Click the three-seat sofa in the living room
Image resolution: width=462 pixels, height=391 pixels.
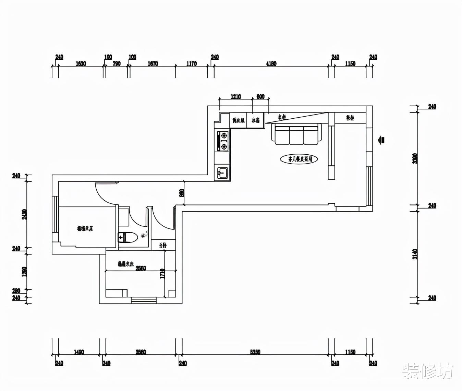tap(297, 134)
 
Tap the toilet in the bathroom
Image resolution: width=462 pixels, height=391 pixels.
tap(127, 237)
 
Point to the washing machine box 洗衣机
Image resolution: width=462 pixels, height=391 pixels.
tap(238, 120)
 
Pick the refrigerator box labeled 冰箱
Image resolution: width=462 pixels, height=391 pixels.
tap(255, 120)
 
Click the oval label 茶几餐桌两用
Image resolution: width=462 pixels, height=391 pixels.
tap(299, 159)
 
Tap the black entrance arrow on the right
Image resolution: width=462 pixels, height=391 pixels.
tap(381, 140)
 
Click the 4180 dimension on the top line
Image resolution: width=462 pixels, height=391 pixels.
tap(271, 63)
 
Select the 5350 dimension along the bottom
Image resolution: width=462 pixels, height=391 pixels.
tap(255, 352)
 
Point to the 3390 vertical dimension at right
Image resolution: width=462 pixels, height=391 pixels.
tap(415, 158)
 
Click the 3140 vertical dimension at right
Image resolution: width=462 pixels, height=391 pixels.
tap(415, 254)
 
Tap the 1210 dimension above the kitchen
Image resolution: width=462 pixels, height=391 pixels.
tap(235, 97)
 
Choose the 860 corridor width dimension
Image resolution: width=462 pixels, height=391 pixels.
tap(182, 193)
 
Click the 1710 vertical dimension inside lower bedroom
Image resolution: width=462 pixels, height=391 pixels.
tap(162, 273)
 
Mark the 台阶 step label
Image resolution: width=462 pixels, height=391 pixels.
tap(163, 245)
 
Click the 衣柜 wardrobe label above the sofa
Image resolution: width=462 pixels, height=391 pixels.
tap(282, 117)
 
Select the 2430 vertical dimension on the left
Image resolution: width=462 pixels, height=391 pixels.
tap(24, 214)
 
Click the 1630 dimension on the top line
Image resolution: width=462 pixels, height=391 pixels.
tap(81, 63)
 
